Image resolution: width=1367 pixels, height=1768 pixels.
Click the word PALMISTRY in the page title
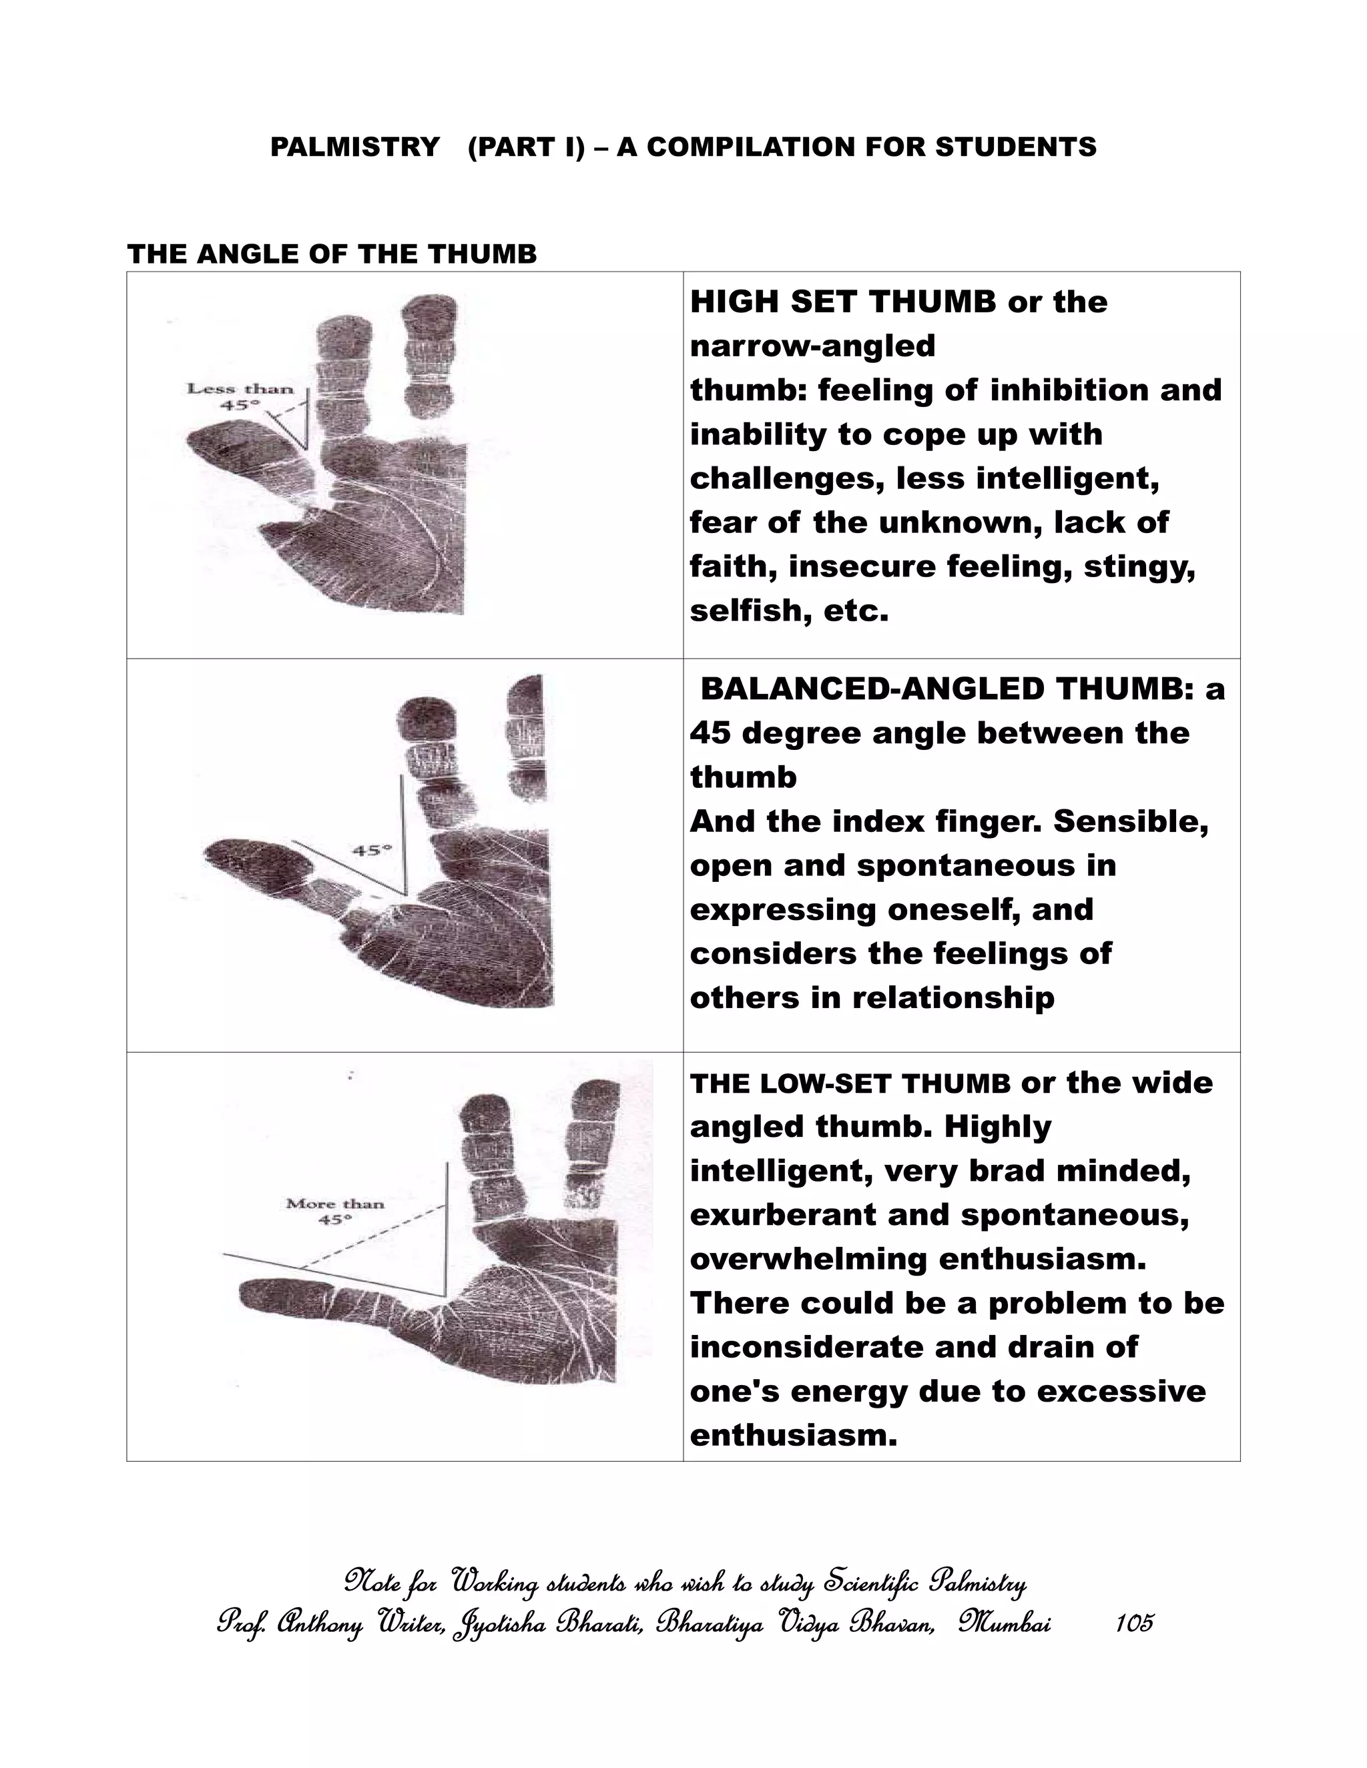(x=354, y=147)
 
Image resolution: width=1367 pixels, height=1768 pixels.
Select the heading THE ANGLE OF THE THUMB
(x=332, y=254)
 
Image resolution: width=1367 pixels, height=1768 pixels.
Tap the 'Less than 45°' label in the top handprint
(x=240, y=396)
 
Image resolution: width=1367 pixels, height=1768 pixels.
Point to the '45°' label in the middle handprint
(x=372, y=850)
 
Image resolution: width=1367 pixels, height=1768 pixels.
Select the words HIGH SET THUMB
(x=843, y=303)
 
